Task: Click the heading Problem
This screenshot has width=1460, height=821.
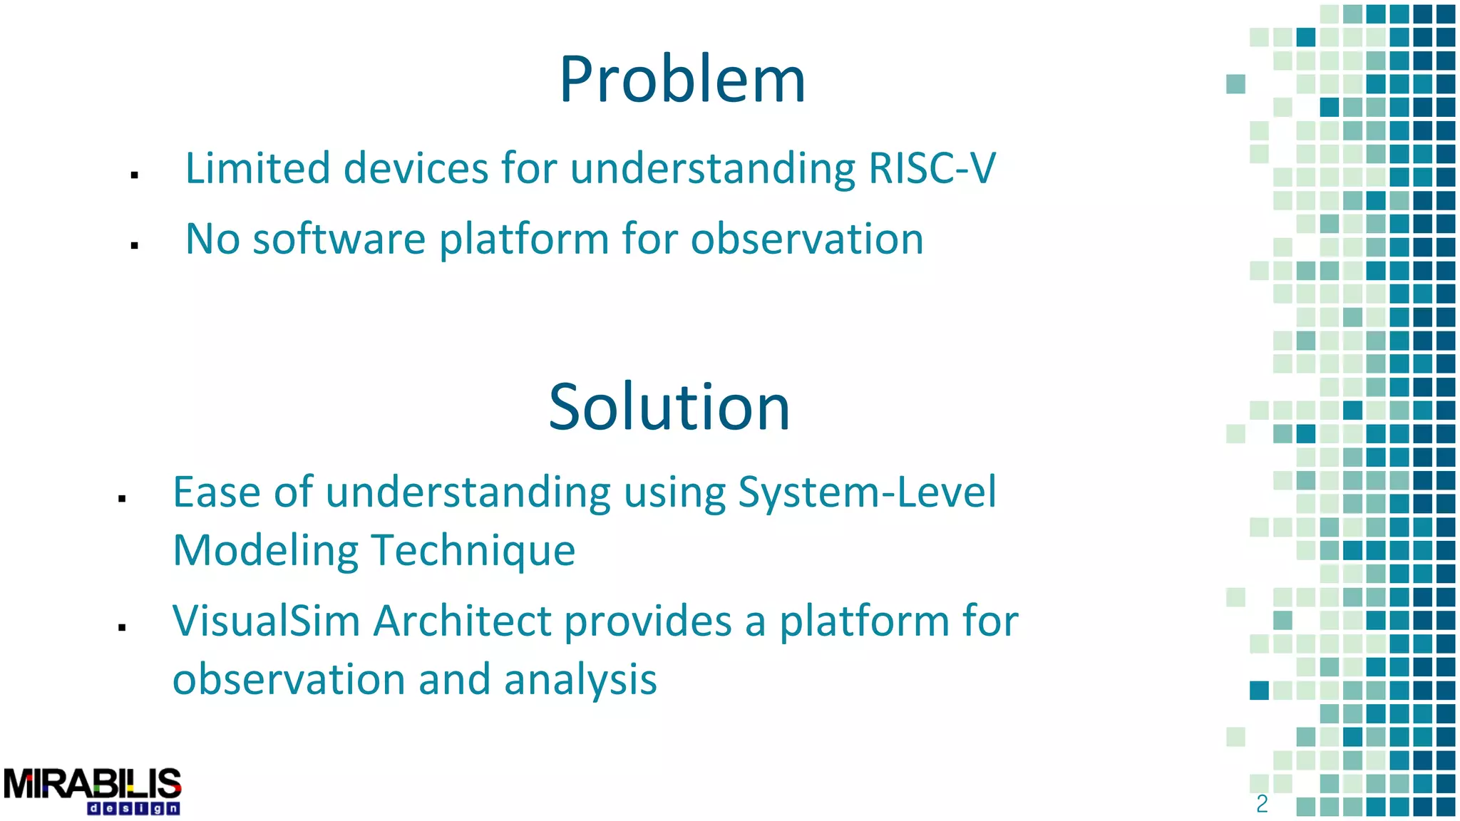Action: tap(682, 80)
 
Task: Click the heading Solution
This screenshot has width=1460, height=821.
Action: tap(669, 407)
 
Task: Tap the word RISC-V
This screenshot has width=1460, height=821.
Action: tap(932, 169)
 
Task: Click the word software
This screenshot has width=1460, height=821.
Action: tap(339, 239)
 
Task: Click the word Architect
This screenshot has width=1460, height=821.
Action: tap(463, 621)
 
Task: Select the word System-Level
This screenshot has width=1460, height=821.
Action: tap(867, 492)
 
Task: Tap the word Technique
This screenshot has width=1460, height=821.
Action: tap(473, 551)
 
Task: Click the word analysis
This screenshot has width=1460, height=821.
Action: tap(580, 679)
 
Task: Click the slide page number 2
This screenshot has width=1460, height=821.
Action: tap(1262, 804)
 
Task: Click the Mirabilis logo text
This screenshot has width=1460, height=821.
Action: tap(93, 784)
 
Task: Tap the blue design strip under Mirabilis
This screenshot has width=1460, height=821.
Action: tap(133, 809)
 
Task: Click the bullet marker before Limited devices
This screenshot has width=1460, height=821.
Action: tap(134, 175)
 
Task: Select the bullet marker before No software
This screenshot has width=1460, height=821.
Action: tap(134, 245)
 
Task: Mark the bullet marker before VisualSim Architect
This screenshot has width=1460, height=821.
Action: tap(122, 627)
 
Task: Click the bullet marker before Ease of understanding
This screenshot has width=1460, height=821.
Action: tap(122, 499)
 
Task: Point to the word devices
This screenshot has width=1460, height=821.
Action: tap(416, 169)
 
